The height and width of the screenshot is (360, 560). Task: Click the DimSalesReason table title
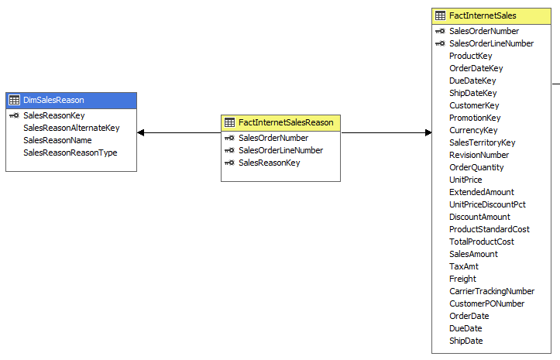pyautogui.click(x=53, y=100)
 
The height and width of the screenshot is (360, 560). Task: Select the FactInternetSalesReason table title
pyautogui.click(x=286, y=122)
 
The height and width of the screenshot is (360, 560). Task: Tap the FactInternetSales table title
pyautogui.click(x=483, y=15)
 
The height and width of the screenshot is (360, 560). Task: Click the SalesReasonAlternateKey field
pyautogui.click(x=71, y=128)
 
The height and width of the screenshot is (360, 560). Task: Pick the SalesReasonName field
pyautogui.click(x=57, y=140)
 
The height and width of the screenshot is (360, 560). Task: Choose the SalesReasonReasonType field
pyautogui.click(x=70, y=153)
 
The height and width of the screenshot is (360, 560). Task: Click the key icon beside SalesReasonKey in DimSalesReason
pyautogui.click(x=14, y=115)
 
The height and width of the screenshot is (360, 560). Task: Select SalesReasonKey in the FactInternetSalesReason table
pyautogui.click(x=269, y=163)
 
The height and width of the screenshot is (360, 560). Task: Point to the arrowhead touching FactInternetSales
pyautogui.click(x=428, y=132)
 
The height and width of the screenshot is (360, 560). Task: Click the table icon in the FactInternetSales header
pyautogui.click(x=440, y=15)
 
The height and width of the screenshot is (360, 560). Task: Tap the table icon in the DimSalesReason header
pyautogui.click(x=14, y=100)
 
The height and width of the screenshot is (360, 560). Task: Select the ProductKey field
pyautogui.click(x=470, y=56)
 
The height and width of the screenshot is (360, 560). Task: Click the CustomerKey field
pyautogui.click(x=474, y=105)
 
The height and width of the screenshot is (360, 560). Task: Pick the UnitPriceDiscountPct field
pyautogui.click(x=487, y=204)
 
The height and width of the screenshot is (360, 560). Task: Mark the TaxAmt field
pyautogui.click(x=463, y=266)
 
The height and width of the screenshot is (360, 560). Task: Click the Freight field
pyautogui.click(x=462, y=279)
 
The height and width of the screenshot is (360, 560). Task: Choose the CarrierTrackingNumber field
pyautogui.click(x=492, y=291)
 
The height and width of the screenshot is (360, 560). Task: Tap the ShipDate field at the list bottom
pyautogui.click(x=466, y=341)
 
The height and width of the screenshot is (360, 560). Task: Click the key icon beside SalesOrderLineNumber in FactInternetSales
pyautogui.click(x=440, y=43)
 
